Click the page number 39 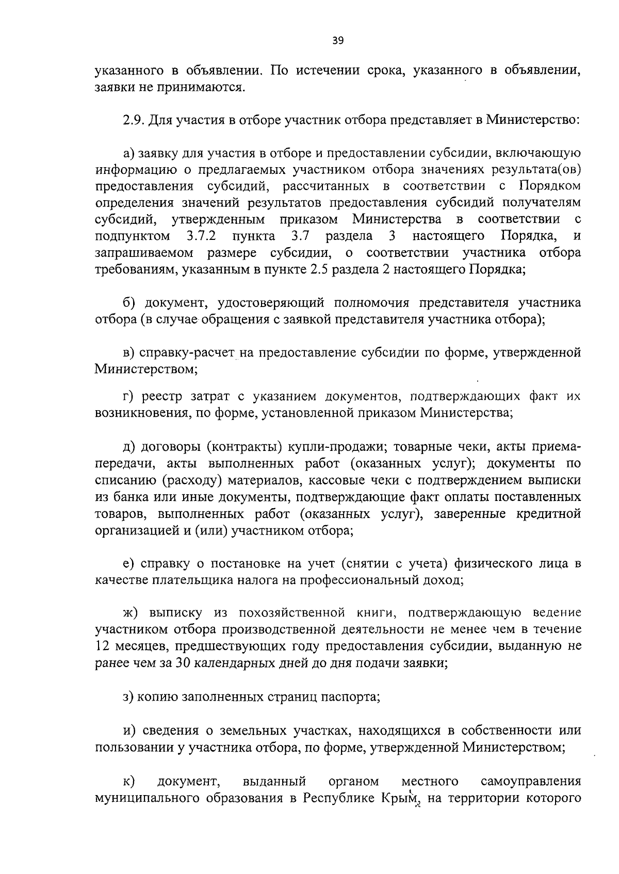click(338, 41)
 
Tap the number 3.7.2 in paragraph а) click(201, 236)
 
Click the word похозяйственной click(291, 613)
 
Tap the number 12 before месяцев click(102, 646)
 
